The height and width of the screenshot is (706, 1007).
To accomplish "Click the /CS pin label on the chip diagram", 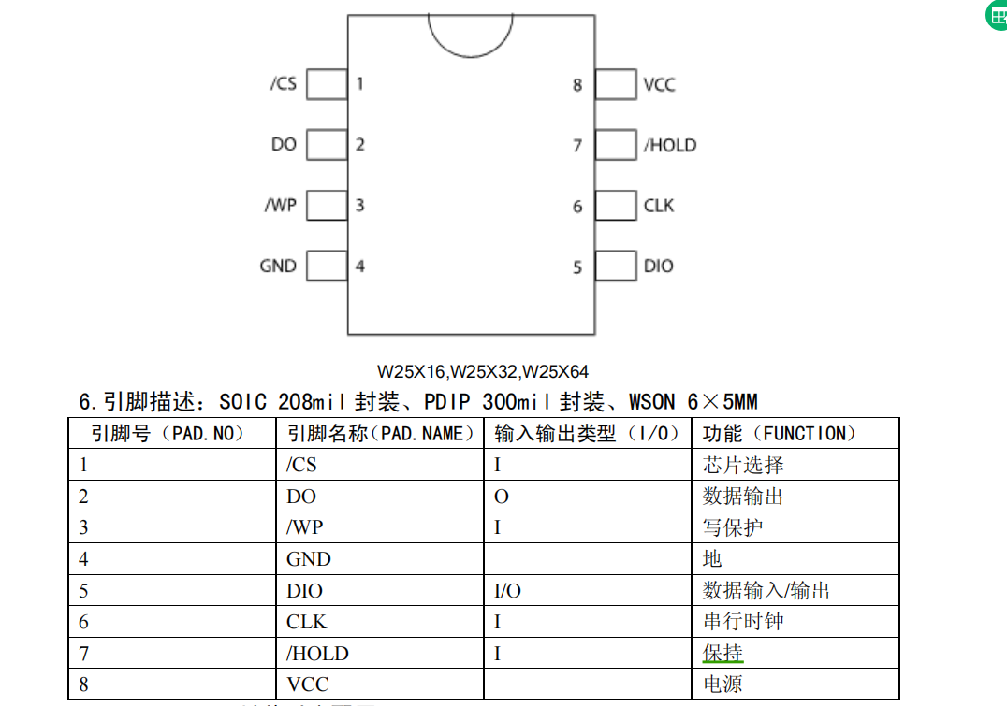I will pyautogui.click(x=283, y=83).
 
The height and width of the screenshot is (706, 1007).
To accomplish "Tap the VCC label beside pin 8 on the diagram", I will pyautogui.click(x=659, y=84).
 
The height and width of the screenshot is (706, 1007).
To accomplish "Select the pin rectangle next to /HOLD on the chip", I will pyautogui.click(x=615, y=145).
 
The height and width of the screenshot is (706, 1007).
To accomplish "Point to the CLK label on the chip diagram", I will pyautogui.click(x=659, y=206).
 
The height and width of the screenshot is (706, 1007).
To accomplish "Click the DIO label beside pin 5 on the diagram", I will pyautogui.click(x=658, y=267).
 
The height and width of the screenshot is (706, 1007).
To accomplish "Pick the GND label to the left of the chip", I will pyautogui.click(x=278, y=267).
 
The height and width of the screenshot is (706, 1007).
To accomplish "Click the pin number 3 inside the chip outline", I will pyautogui.click(x=359, y=206).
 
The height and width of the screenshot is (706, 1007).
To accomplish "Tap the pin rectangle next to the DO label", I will pyautogui.click(x=327, y=145).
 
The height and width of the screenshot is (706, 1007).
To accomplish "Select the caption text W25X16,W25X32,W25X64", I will pyautogui.click(x=483, y=372).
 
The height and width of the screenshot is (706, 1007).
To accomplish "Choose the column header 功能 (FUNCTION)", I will pyautogui.click(x=780, y=434).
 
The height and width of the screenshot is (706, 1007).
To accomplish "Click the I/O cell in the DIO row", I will pyautogui.click(x=507, y=591).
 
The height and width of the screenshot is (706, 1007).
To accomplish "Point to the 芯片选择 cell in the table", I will pyautogui.click(x=743, y=465).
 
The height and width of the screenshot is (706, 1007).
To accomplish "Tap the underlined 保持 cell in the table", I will pyautogui.click(x=722, y=652).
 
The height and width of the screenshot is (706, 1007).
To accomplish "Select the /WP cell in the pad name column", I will pyautogui.click(x=304, y=527).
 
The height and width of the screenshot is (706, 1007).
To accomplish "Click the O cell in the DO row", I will pyautogui.click(x=501, y=497).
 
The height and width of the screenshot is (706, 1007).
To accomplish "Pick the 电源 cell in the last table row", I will pyautogui.click(x=722, y=684).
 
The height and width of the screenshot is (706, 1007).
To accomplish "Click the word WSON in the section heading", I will pyautogui.click(x=651, y=403).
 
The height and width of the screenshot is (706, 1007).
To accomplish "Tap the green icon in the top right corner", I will pyautogui.click(x=998, y=16).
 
